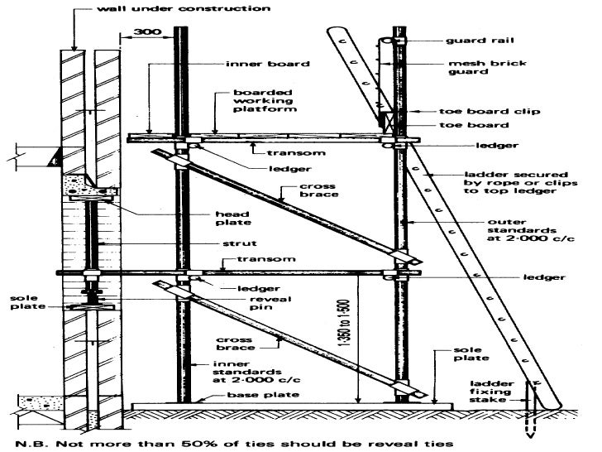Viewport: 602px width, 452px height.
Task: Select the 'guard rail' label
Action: (x=474, y=40)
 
